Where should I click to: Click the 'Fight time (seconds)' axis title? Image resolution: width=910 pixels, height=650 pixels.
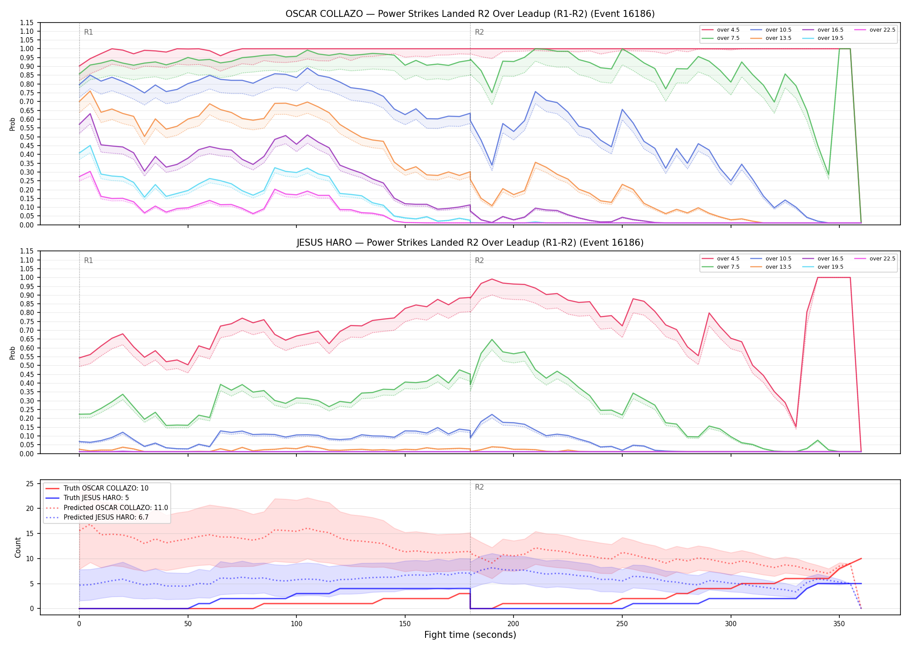pos(470,635)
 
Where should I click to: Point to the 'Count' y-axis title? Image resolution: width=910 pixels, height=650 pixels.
pos(18,547)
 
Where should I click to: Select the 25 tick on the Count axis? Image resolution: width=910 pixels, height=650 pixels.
pos(30,484)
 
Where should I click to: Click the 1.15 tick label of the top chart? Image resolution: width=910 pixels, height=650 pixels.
pos(27,23)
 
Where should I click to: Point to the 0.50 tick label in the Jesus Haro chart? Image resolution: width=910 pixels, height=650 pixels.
pos(27,365)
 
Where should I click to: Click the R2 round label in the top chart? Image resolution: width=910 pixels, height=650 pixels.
pos(479,32)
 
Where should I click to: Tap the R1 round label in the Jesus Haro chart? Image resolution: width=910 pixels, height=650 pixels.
pos(88,260)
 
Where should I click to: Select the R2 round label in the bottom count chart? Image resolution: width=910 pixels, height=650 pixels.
pos(479,487)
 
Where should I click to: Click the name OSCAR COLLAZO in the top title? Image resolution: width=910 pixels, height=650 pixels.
pos(324,14)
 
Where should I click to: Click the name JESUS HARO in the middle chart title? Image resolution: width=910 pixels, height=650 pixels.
pos(324,243)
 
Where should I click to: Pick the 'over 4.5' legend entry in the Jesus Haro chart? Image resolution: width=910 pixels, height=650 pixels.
pos(721,259)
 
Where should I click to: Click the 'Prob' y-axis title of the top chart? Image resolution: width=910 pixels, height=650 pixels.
pos(13,124)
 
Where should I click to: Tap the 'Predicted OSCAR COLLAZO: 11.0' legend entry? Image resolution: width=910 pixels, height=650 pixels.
pos(107,507)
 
